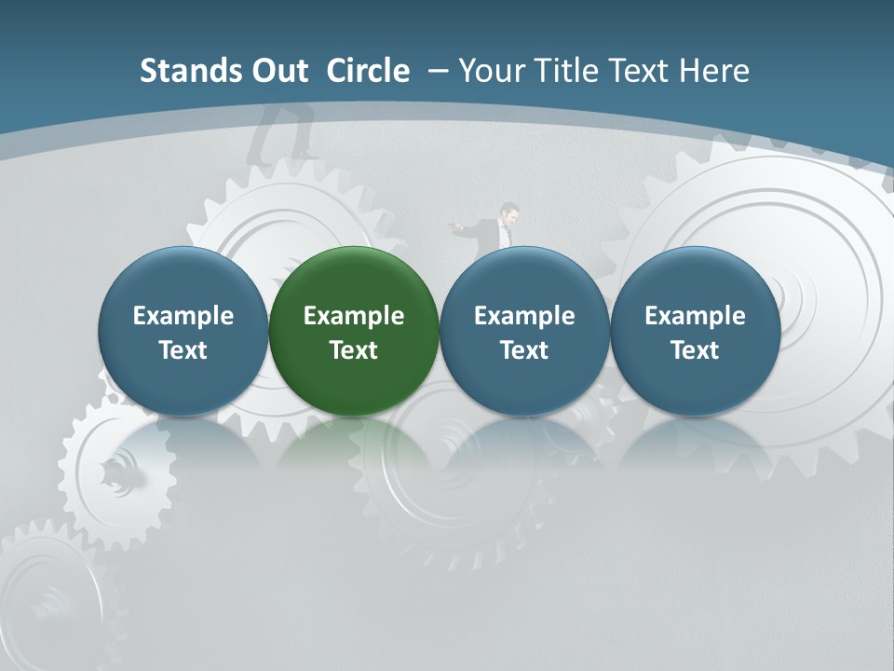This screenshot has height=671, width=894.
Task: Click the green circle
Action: tap(354, 331)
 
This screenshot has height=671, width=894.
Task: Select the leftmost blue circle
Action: tap(183, 331)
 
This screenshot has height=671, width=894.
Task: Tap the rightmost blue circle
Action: tap(695, 331)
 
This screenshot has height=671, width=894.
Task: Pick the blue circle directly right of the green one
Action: tap(524, 331)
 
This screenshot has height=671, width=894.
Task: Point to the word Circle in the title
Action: tap(368, 71)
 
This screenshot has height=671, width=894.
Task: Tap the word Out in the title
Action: tap(280, 71)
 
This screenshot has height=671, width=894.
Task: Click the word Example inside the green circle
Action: tap(354, 316)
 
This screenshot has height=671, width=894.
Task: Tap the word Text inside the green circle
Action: tap(354, 350)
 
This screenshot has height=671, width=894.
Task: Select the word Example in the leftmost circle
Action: tap(183, 316)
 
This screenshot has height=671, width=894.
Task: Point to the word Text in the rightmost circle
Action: tap(695, 350)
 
